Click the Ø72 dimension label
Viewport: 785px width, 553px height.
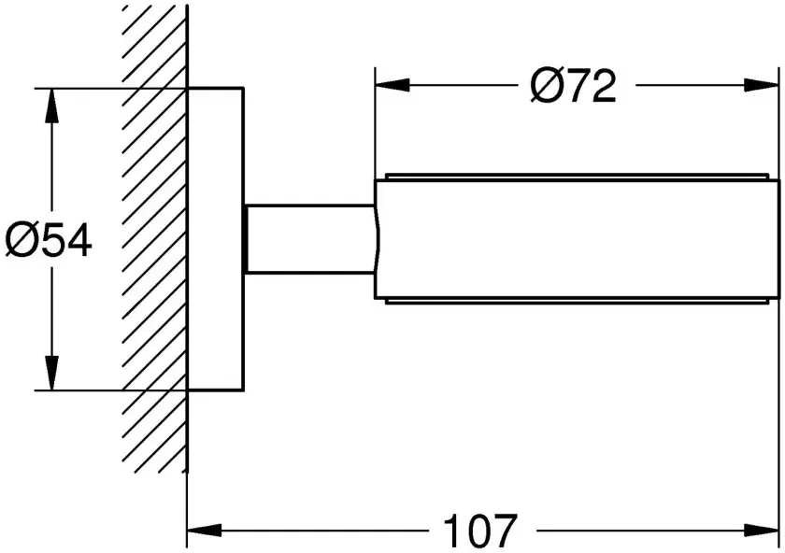point(573,86)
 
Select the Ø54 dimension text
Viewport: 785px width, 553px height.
point(49,240)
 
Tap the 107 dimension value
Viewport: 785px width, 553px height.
point(479,531)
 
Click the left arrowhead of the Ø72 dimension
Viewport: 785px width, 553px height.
point(392,85)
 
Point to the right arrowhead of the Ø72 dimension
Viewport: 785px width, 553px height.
point(762,85)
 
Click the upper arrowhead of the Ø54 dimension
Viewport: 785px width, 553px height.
point(51,106)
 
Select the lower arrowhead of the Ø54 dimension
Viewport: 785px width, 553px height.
point(51,373)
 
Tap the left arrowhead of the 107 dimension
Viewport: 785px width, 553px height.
point(205,530)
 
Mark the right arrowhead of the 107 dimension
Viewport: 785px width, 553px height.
point(762,530)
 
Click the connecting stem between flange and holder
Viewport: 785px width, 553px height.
point(310,239)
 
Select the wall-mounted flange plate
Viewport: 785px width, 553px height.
point(215,239)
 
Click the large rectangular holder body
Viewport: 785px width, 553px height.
point(578,239)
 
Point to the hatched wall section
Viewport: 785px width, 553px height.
point(155,239)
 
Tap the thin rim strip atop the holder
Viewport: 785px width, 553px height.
point(577,177)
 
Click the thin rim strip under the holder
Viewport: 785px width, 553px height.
point(577,302)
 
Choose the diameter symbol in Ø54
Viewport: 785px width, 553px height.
point(20,240)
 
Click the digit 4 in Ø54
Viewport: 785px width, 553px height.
point(78,241)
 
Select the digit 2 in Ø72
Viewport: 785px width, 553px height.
point(603,86)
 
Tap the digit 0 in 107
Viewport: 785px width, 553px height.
point(479,531)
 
